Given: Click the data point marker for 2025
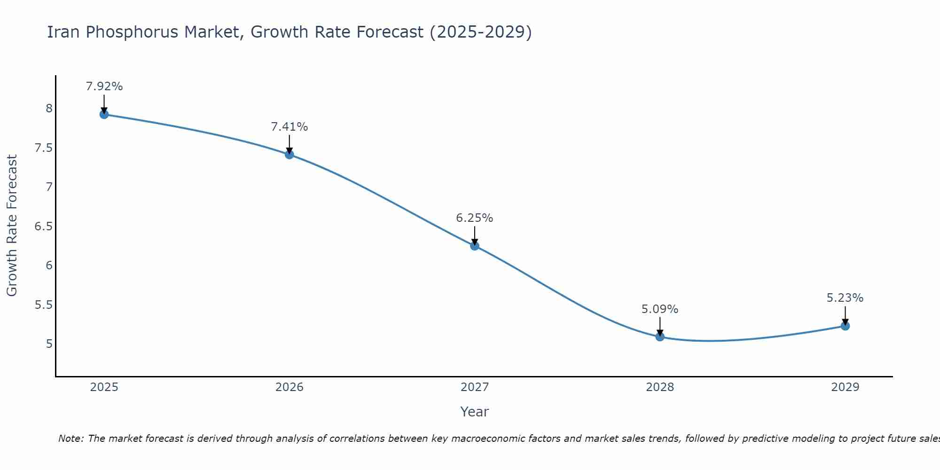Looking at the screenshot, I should click(104, 114).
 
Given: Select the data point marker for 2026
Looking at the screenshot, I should click(289, 154).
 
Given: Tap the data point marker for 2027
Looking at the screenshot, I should click(475, 245).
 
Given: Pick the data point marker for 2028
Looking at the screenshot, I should click(660, 337).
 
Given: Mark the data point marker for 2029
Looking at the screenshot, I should click(845, 326).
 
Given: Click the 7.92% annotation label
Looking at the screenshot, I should click(104, 86).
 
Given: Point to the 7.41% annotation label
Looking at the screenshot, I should click(289, 127).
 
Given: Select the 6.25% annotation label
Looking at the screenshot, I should click(475, 218).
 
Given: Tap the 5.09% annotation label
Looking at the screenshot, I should click(660, 309).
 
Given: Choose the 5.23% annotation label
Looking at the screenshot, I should click(845, 298).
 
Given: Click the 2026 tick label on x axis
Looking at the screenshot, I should click(289, 387).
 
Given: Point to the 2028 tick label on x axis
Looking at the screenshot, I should click(660, 387).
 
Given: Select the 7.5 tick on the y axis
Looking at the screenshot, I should click(43, 148).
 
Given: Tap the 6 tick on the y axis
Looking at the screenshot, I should click(49, 266).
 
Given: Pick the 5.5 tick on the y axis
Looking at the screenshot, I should click(43, 305).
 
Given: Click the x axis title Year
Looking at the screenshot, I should click(475, 412).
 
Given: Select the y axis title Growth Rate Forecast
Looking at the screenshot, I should click(12, 226).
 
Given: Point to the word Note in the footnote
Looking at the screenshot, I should click(70, 439).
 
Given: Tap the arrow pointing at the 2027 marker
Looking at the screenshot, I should click(475, 236).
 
